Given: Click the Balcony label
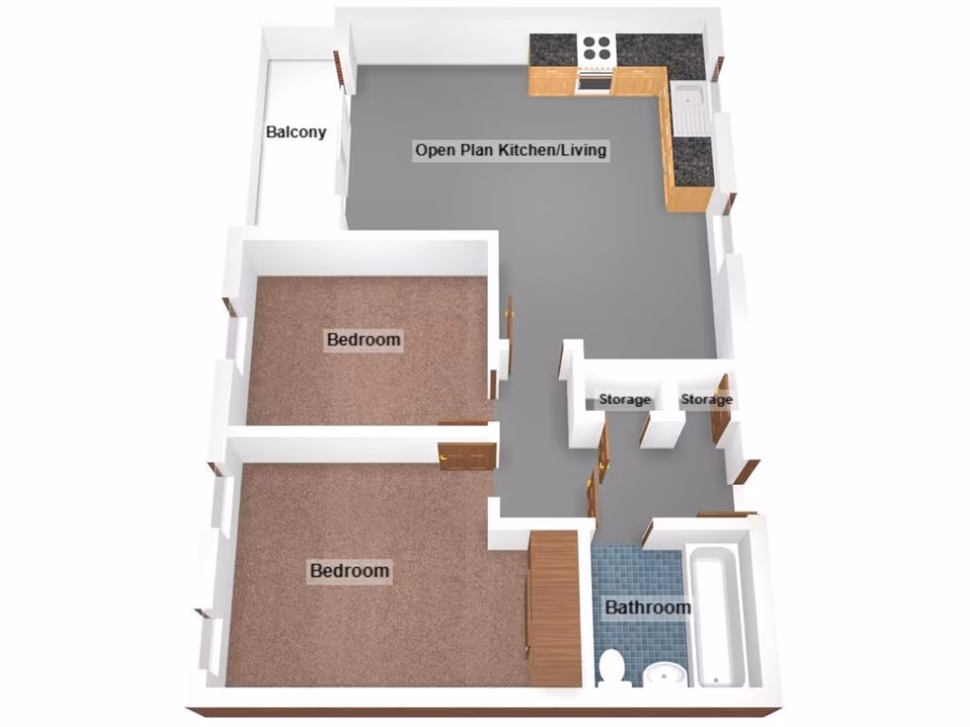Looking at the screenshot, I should click(296, 133).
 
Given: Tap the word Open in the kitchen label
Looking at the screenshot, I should click(433, 150).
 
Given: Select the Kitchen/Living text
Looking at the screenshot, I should click(553, 150).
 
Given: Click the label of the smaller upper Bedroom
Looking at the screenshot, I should click(364, 339).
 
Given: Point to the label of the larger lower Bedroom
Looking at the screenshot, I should click(350, 571).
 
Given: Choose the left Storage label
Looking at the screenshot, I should click(624, 399).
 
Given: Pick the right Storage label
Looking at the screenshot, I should click(707, 399).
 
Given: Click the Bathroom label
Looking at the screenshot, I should click(648, 607).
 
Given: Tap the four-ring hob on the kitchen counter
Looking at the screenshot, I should click(597, 47).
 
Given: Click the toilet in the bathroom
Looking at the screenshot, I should click(612, 668).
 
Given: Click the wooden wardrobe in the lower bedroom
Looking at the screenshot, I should click(554, 606).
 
